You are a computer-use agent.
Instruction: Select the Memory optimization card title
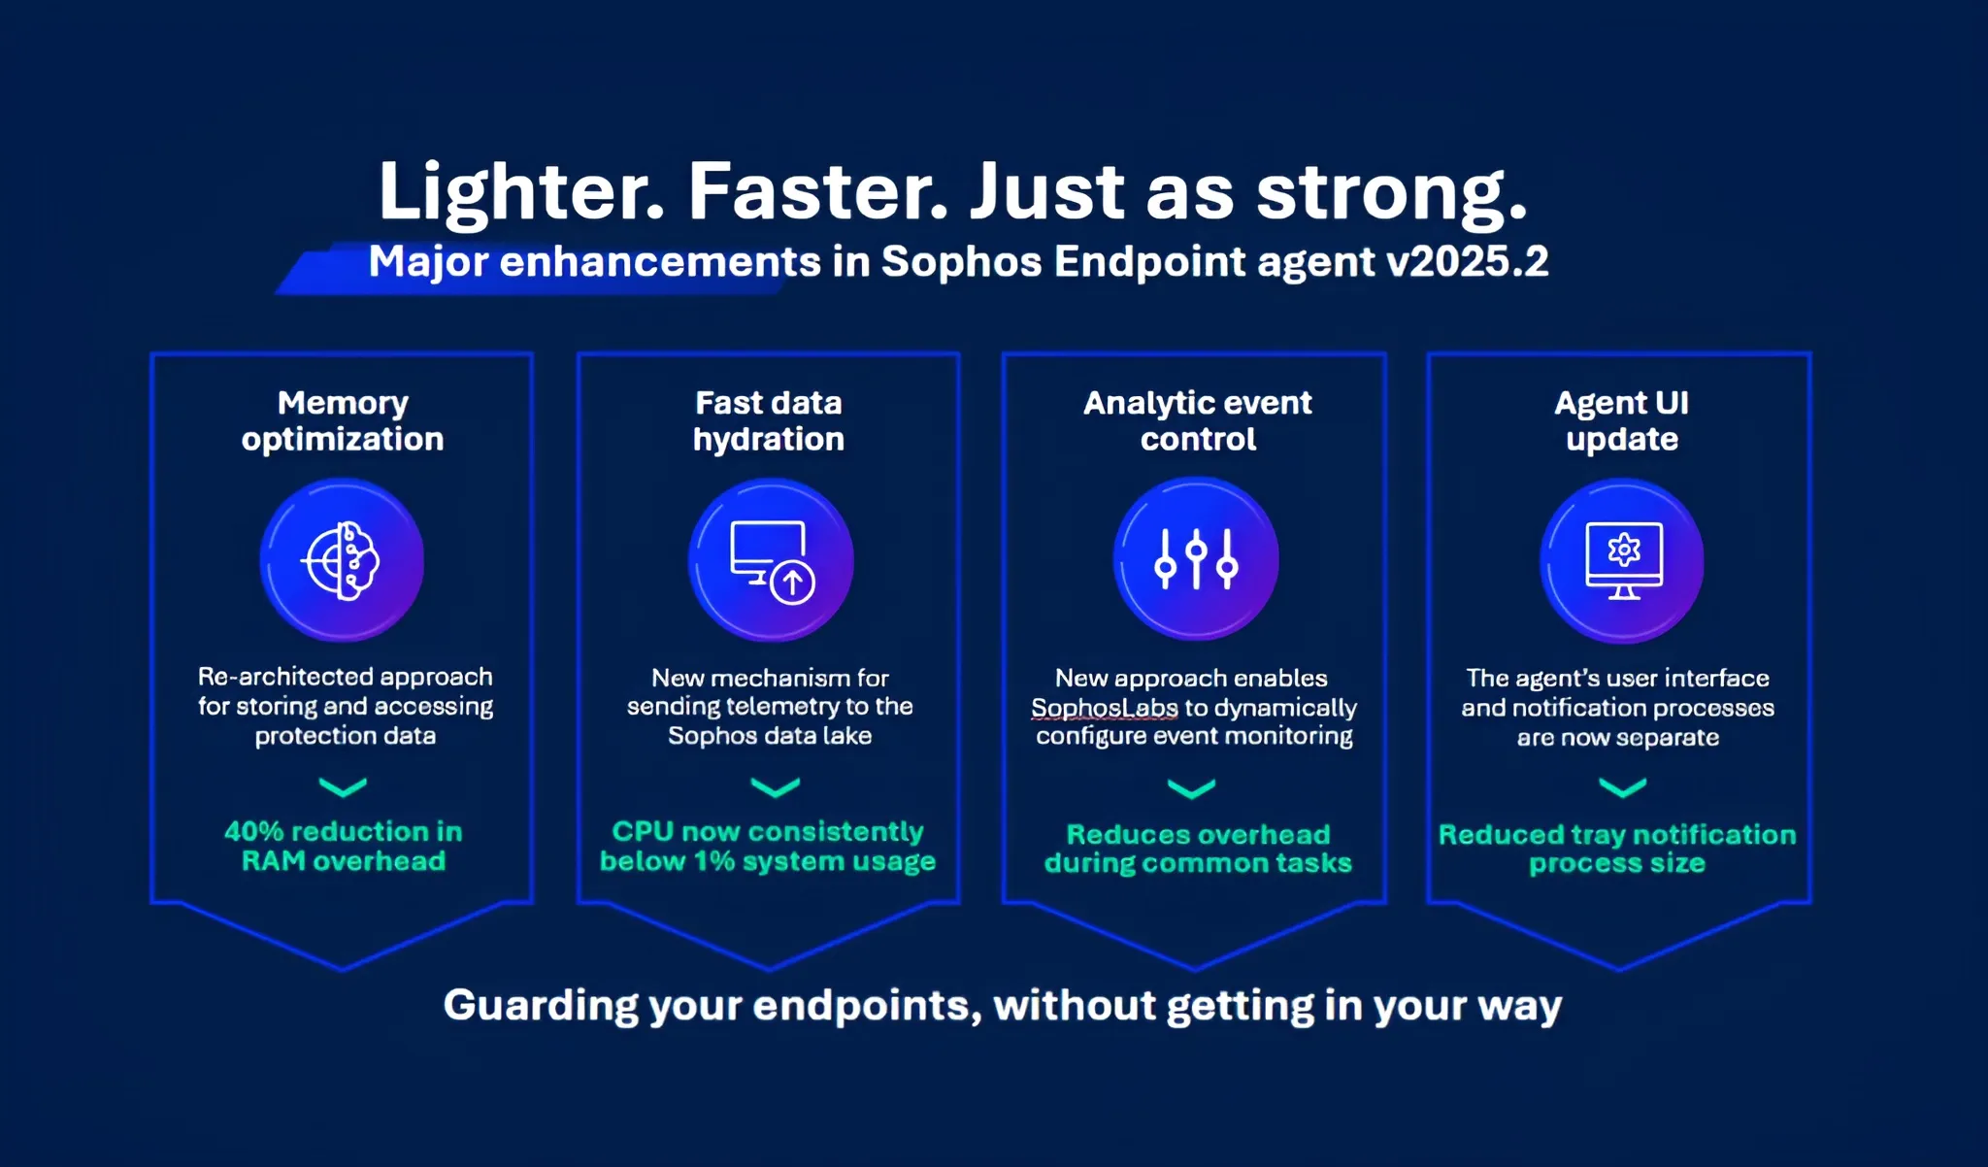pos(343,420)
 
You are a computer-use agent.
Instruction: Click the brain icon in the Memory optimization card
pos(342,560)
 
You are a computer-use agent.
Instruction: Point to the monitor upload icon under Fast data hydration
pos(772,561)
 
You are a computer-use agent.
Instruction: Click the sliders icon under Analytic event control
pos(1196,559)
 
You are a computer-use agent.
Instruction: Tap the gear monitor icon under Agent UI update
pos(1622,561)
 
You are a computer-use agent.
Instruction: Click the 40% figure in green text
pos(253,832)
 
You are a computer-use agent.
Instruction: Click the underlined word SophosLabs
pos(1105,708)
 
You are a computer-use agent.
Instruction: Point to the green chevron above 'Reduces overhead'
pos(1192,788)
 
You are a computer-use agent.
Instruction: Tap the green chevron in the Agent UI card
pos(1622,787)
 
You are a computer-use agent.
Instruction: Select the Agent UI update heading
pos(1622,420)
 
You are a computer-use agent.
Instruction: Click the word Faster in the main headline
pos(817,192)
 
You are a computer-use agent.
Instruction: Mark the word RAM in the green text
pos(273,861)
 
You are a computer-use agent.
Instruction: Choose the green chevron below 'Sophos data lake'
pos(776,786)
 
